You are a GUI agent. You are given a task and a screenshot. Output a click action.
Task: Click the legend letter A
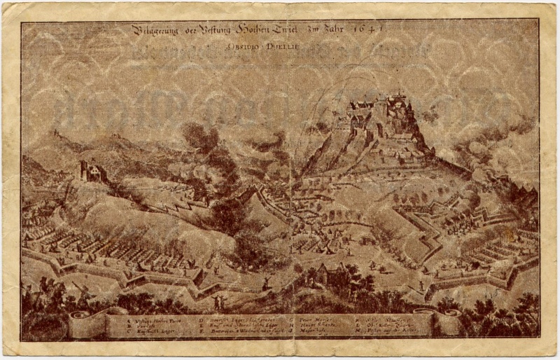(129, 319)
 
